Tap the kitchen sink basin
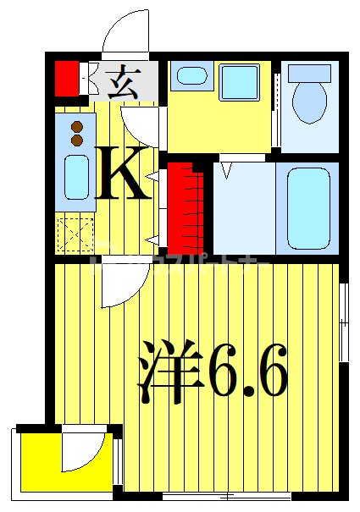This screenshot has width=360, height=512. (x=76, y=177)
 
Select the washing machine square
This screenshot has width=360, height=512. (x=241, y=83)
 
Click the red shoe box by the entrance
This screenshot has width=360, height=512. (x=66, y=79)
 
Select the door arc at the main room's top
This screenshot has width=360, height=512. (x=114, y=289)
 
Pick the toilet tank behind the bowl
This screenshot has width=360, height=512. (x=308, y=73)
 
